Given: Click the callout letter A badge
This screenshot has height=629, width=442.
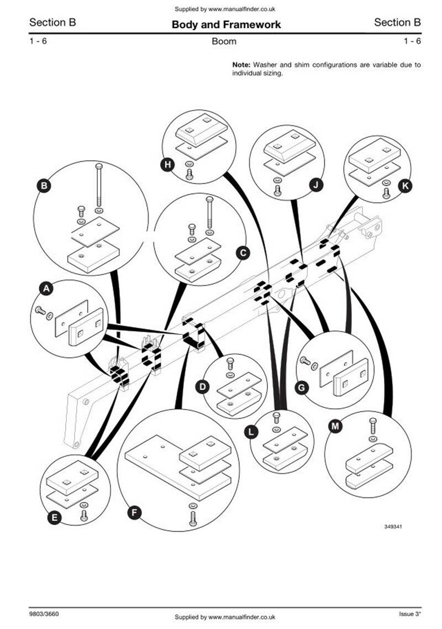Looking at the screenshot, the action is coord(46,289).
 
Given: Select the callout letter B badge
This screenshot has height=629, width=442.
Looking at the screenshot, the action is coord(44,186).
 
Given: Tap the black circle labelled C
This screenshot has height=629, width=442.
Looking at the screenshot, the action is coord(243,253).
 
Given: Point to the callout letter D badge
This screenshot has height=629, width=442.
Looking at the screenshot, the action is coord(203,387).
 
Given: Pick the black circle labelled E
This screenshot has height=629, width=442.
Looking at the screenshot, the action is coord(55,517).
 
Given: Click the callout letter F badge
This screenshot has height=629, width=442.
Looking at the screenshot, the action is coord(134,512).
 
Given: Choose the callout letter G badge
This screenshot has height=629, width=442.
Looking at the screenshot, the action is coord(302,388).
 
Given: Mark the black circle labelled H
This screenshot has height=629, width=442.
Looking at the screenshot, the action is coord(167,165).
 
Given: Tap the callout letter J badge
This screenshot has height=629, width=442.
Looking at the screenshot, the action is coord(316,185).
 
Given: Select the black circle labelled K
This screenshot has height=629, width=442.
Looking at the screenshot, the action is coord(405,186).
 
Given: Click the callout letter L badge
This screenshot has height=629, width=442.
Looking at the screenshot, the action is coord(251,432).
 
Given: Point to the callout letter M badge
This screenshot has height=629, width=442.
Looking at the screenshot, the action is coord(335,426).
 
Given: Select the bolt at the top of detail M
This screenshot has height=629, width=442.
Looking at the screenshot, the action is coord(372,426).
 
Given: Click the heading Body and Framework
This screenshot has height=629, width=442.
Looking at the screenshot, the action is coord(226,24).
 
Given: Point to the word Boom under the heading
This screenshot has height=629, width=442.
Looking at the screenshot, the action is coord(224,41).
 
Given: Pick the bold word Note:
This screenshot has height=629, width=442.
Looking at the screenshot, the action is coord(241,65).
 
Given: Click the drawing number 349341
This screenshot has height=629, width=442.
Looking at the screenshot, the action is coord(393,526).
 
